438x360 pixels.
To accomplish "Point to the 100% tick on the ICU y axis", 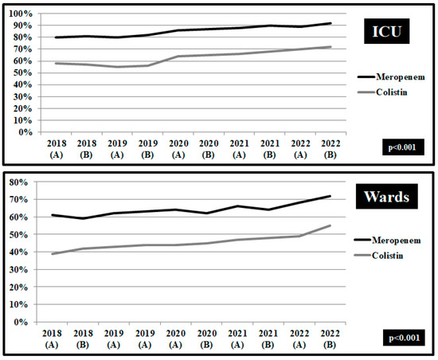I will pyautogui.click(x=19, y=14).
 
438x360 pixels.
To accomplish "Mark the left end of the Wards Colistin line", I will pyautogui.click(x=52, y=254).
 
